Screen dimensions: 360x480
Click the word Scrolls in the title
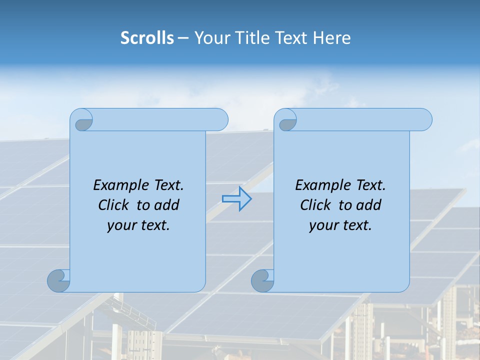[x=147, y=38]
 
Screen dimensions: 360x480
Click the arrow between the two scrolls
[x=236, y=199]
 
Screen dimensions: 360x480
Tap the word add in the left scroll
[x=166, y=205]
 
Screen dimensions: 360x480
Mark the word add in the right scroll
[x=368, y=205]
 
